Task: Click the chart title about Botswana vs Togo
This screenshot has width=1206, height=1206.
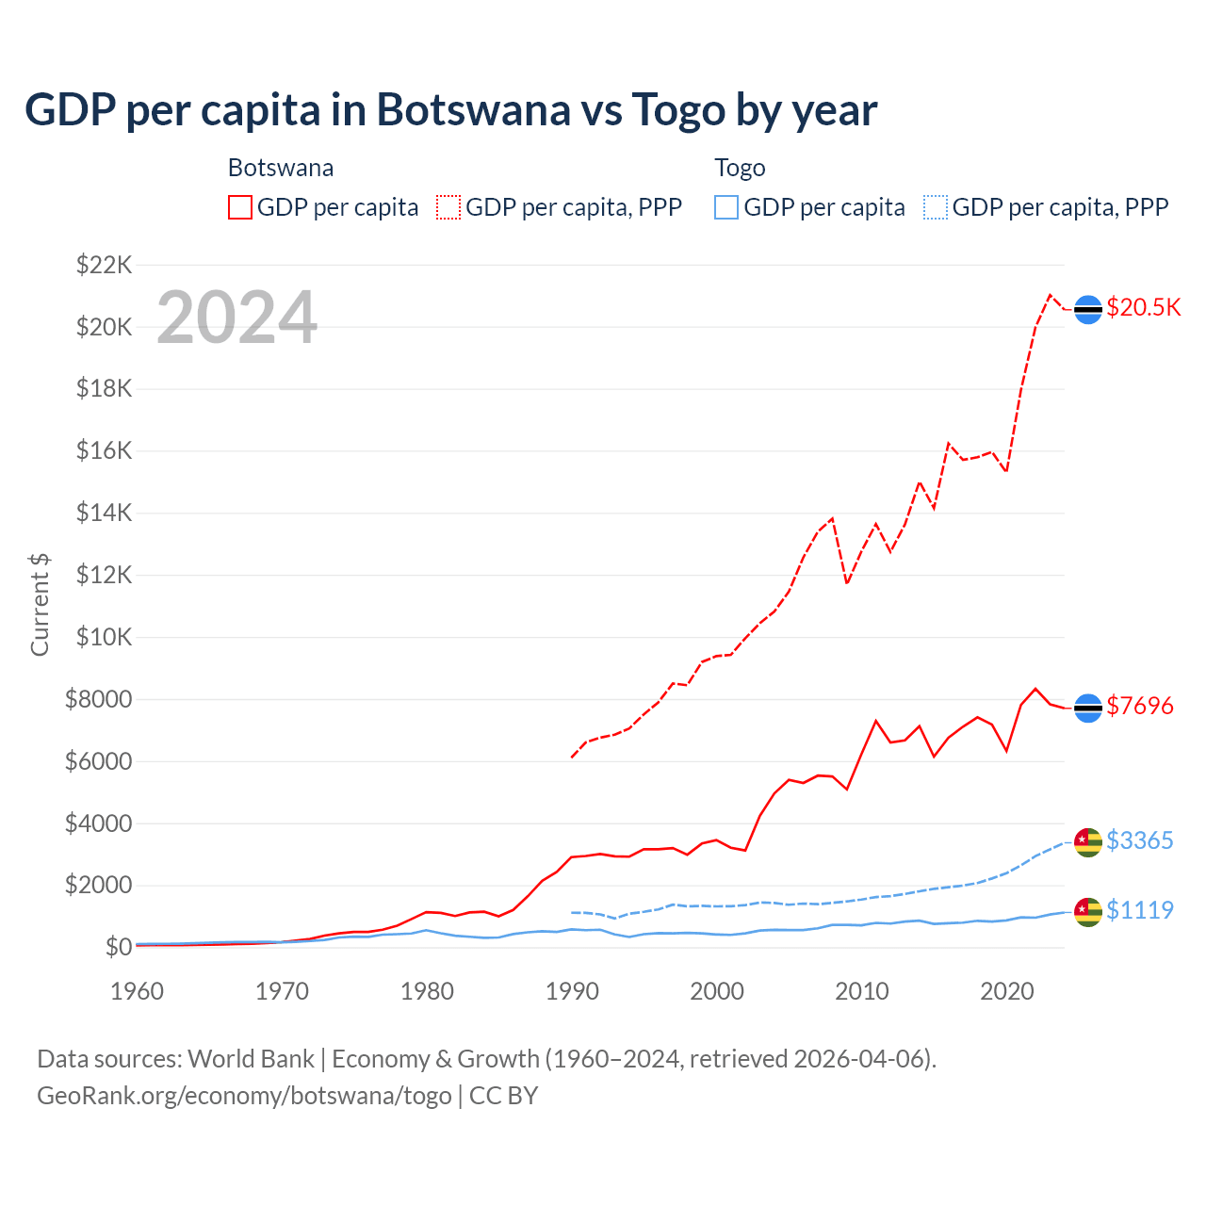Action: (450, 109)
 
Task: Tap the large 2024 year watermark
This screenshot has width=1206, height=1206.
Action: (236, 318)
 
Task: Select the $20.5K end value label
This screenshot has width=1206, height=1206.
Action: (1143, 307)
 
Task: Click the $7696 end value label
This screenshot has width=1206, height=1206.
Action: (1139, 706)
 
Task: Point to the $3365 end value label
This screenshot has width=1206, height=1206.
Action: (1139, 840)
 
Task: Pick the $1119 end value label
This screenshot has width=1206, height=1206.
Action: (1139, 910)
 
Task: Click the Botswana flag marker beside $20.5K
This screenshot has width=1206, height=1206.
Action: (1088, 309)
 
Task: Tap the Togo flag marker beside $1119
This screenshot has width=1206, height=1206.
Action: (1088, 911)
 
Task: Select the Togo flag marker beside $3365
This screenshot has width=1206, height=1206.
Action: (1088, 842)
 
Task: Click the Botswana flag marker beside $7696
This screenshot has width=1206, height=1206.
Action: (1088, 708)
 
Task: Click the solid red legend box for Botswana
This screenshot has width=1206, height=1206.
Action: (240, 207)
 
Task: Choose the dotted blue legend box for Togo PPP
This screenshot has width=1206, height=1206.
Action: (936, 207)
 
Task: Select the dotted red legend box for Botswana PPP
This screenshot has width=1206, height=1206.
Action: (448, 207)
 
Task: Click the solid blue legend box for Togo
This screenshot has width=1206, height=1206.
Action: (726, 207)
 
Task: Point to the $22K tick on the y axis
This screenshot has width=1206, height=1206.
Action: (104, 265)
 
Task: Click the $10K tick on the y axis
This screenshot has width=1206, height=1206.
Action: (104, 637)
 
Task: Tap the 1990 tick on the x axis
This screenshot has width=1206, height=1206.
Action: (572, 991)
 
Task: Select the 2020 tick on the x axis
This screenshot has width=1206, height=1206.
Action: (1006, 991)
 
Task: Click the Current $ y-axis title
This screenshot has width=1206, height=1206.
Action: (40, 605)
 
